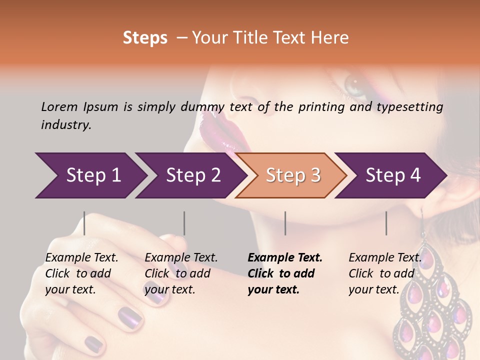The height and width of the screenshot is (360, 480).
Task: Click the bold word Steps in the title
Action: pyautogui.click(x=145, y=38)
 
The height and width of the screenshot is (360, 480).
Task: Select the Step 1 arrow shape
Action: pyautogui.click(x=90, y=175)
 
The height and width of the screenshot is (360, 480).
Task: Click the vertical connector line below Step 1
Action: pyautogui.click(x=84, y=223)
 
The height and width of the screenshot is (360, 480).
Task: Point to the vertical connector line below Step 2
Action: pyautogui.click(x=184, y=223)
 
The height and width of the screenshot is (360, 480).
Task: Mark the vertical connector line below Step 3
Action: pyautogui.click(x=285, y=223)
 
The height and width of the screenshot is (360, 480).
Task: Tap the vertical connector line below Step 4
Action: pyautogui.click(x=386, y=223)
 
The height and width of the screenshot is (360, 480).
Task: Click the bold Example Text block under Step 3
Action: pyautogui.click(x=284, y=273)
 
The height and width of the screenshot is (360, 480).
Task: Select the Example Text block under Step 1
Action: pyautogui.click(x=81, y=273)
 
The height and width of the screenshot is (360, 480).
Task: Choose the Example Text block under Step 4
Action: pyautogui.click(x=384, y=273)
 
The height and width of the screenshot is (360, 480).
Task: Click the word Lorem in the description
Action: pyautogui.click(x=59, y=106)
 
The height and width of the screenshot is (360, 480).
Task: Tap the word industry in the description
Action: pyautogui.click(x=65, y=125)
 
